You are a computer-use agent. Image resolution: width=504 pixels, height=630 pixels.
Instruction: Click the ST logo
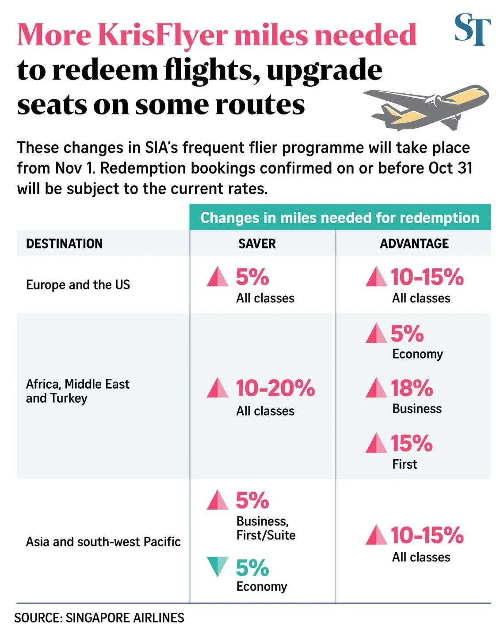point(472,30)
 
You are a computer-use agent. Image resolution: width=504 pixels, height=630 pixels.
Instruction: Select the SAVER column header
point(257,244)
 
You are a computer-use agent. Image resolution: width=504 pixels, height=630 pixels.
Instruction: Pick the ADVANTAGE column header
point(414,244)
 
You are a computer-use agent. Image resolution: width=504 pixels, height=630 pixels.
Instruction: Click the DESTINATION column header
point(65,244)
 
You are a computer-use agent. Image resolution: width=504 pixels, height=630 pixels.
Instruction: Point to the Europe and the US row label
point(78,285)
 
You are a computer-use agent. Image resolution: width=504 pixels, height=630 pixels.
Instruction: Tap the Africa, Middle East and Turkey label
point(78,391)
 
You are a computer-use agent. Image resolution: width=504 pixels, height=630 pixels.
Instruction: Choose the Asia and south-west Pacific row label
point(103,542)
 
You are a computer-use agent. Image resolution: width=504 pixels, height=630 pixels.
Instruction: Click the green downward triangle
point(218,566)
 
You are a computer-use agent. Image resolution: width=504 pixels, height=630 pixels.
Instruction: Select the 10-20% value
point(275,388)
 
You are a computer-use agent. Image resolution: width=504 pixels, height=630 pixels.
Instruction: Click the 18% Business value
point(412,388)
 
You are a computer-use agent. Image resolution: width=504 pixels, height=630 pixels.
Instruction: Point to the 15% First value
point(411,443)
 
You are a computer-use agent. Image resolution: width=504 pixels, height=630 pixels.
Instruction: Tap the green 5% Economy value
point(252,568)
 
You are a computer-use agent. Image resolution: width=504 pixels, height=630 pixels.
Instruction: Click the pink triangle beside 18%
point(376,388)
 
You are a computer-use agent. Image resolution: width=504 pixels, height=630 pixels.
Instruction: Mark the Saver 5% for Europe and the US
point(252,277)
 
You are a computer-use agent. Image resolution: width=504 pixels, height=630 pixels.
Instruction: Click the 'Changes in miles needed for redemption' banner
point(340,218)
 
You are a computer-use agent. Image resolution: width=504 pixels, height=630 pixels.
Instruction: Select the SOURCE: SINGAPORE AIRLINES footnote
point(99,618)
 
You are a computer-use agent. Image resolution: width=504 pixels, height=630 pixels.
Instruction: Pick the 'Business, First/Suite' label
point(266,528)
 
